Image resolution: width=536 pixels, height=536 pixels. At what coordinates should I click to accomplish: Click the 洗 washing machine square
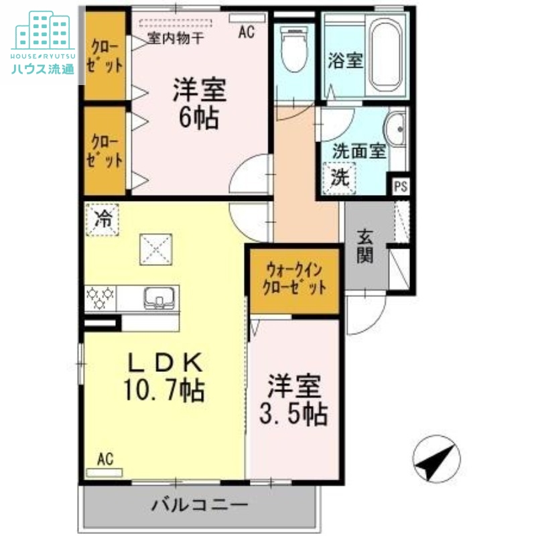coord(340,179)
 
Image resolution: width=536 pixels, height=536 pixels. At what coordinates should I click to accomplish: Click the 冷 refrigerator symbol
coord(102,219)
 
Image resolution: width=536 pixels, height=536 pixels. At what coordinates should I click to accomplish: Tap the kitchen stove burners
coord(101,297)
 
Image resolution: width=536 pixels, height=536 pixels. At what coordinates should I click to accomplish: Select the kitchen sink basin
coord(159,296)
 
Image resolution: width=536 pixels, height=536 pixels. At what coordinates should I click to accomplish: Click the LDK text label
coord(165,362)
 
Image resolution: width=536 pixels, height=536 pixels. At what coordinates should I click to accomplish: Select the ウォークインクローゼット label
coord(295,279)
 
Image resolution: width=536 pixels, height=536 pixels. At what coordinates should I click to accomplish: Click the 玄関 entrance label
coord(365,246)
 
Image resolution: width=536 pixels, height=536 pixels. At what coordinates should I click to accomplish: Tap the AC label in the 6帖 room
coord(247,32)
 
